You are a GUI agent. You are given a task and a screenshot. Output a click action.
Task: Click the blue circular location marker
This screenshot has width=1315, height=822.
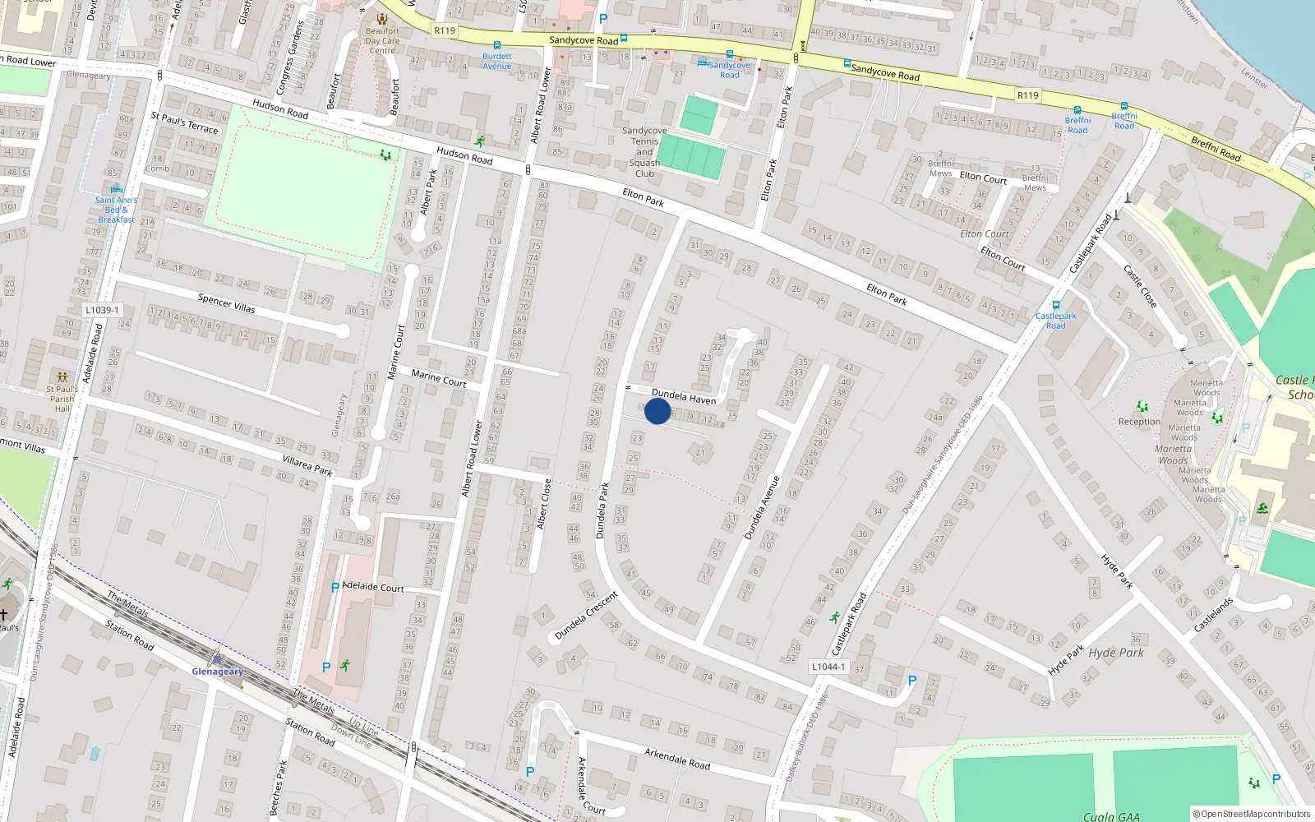point(657,411)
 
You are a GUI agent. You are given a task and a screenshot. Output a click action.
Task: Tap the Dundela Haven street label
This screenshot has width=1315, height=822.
point(683,397)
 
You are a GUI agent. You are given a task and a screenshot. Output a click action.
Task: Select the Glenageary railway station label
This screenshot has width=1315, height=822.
point(217,672)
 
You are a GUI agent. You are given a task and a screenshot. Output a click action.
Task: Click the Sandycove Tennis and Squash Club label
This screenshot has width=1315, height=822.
point(644,152)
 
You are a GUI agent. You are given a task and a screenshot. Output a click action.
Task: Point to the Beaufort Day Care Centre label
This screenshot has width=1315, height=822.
point(382,40)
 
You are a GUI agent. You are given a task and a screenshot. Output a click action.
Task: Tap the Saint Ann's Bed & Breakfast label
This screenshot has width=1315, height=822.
point(116,210)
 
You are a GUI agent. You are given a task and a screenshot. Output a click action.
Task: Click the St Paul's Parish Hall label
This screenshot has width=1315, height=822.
point(62,399)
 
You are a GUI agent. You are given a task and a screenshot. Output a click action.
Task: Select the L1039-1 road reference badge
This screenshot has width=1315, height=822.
point(102,310)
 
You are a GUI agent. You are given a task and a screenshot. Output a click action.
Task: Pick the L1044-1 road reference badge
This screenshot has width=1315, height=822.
point(828,667)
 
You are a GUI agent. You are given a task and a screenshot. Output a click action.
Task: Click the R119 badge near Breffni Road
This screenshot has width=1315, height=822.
point(1027,95)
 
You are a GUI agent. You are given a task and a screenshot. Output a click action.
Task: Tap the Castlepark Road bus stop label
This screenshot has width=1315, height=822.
point(1055,321)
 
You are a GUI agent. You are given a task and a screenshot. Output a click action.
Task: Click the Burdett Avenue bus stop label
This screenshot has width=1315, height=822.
point(496,62)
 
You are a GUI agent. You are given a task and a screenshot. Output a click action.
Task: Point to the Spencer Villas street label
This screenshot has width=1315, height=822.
point(226,303)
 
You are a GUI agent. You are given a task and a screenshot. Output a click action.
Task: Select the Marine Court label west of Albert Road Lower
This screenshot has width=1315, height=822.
point(438,378)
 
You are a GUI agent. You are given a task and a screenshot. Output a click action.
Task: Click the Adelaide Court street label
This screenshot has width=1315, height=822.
point(372,587)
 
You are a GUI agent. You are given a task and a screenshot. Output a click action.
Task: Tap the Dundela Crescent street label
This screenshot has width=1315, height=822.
point(585,616)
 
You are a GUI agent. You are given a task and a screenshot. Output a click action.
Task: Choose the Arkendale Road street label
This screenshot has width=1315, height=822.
point(676,759)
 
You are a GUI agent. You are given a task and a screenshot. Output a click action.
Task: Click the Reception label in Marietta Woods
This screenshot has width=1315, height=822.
point(1139,422)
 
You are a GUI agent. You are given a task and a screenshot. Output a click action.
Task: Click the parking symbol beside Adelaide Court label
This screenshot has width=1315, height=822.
point(335,588)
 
